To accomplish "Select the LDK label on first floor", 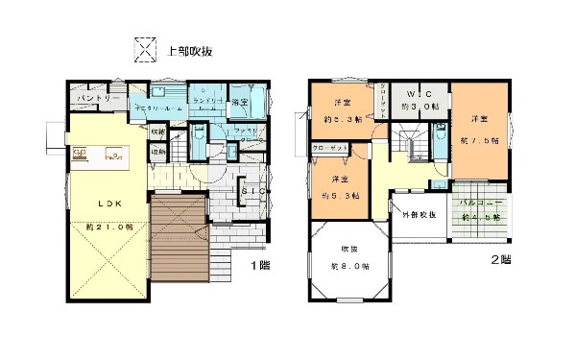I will click(108, 203).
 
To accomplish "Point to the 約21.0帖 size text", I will click(109, 227).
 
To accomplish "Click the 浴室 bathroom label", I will click(239, 102).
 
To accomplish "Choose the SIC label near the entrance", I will click(253, 191).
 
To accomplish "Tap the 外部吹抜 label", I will click(419, 213).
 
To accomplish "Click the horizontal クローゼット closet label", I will click(330, 149).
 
